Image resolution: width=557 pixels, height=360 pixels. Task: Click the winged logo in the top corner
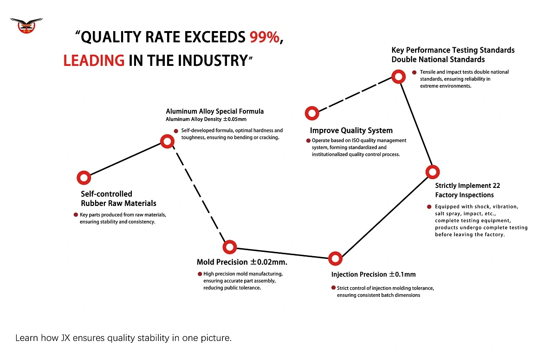(26, 26)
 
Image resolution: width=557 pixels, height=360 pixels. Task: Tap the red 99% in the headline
(265, 38)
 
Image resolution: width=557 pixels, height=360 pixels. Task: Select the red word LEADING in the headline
(94, 60)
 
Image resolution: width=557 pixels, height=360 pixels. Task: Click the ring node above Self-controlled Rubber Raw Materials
(84, 177)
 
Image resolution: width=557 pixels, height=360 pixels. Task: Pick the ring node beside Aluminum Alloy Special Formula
(167, 141)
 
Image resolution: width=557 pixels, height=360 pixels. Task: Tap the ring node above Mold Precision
(229, 247)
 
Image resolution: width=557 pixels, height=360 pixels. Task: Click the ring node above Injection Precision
(335, 258)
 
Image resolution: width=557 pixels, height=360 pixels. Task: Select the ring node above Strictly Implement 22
(433, 172)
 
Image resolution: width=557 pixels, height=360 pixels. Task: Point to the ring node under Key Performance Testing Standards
(398, 76)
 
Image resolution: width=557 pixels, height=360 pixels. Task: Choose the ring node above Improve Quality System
(312, 113)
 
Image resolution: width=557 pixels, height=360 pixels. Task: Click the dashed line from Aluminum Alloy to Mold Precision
(198, 194)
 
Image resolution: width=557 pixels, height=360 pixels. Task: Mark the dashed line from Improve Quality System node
(355, 95)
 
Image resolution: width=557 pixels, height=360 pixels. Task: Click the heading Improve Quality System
(351, 130)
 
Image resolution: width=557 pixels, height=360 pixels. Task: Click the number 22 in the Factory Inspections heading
(495, 186)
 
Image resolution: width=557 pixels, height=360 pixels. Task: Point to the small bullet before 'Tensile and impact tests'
(414, 72)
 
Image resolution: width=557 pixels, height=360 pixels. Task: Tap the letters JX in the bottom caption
(66, 338)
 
